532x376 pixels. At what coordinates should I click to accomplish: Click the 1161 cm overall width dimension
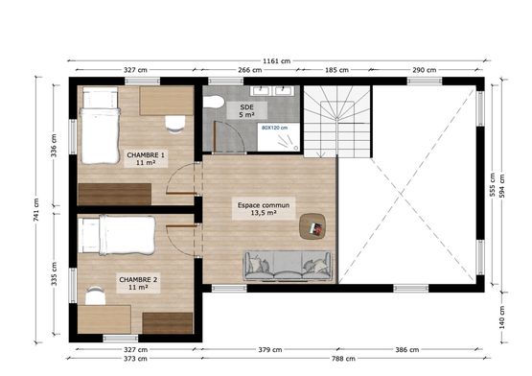pos(276,61)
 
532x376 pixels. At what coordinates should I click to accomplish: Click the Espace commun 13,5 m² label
pos(264,209)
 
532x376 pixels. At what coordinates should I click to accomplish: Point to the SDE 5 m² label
pos(246,110)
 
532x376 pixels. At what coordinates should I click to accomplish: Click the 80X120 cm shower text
pos(274,128)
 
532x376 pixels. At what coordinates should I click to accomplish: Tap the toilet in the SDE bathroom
pos(213,102)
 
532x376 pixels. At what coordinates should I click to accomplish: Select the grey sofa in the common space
pos(288,266)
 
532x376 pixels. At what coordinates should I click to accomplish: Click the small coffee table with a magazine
pos(312,226)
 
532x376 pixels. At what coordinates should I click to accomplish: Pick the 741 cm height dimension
pos(36,209)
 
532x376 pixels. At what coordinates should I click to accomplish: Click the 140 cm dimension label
pos(502,317)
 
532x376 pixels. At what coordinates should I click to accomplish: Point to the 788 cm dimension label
pos(343,359)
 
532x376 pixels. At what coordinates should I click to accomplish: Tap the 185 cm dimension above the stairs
pos(336,70)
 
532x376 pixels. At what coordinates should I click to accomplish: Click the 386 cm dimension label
pos(407,349)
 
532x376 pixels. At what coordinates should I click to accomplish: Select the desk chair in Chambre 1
pos(175,124)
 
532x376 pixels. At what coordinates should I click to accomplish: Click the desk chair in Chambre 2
pos(95,295)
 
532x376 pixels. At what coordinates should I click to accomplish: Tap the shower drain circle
pos(296,148)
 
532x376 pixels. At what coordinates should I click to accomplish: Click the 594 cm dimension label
pos(502,186)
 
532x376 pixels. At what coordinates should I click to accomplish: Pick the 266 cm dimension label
pos(250,70)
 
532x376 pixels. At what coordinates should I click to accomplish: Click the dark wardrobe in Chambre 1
pos(115,195)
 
